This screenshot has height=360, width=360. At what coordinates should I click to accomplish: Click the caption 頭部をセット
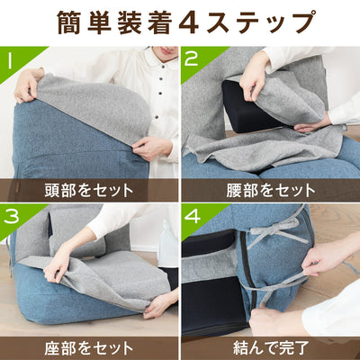click(x=89, y=190)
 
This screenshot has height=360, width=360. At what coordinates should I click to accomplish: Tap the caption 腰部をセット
click(x=270, y=190)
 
